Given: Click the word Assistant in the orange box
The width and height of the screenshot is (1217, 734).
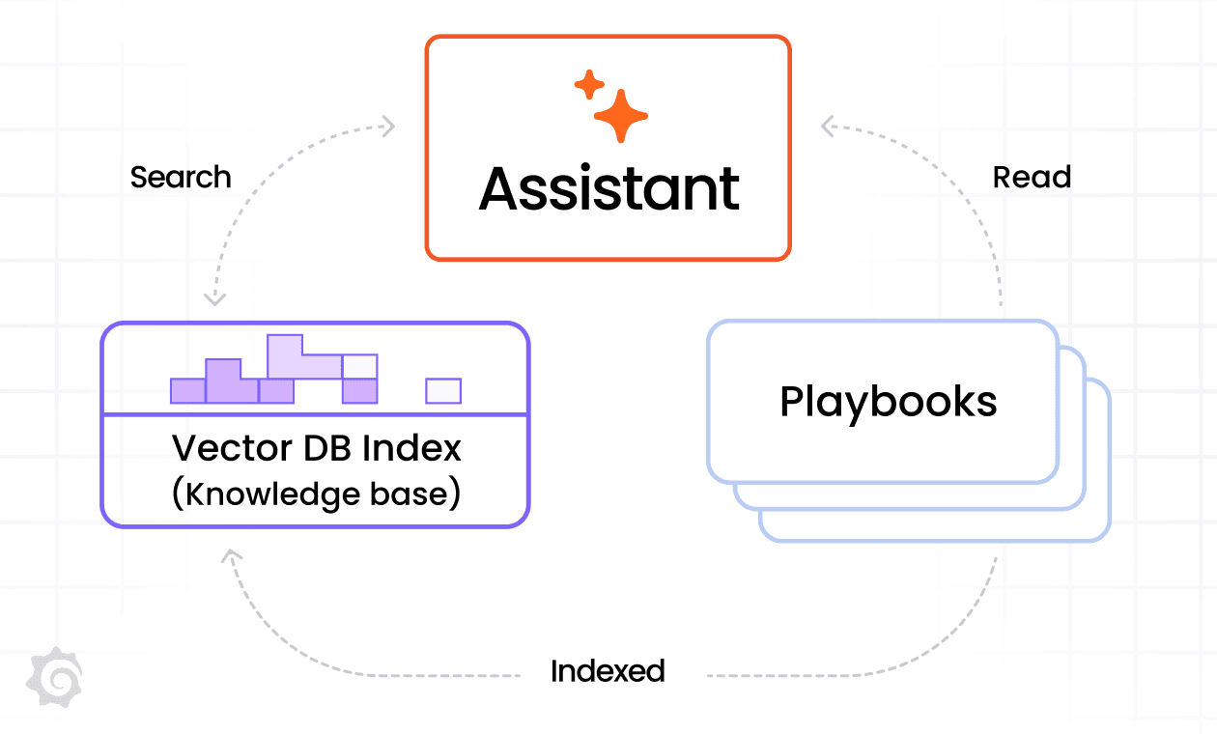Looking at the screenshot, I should click(608, 188).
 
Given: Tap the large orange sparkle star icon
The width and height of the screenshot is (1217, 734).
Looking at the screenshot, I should click(620, 116).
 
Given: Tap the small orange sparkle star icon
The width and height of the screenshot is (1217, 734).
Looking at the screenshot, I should click(588, 85).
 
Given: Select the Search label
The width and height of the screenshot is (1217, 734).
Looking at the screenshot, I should click(181, 178).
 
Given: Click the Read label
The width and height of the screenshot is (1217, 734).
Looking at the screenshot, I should click(1032, 178).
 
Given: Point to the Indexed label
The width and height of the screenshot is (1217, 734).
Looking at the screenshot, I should click(608, 671).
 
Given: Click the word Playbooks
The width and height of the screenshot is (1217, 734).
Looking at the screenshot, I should click(888, 402).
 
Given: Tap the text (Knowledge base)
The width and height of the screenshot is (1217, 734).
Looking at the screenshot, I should click(316, 494).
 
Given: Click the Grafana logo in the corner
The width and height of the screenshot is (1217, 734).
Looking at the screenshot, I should click(54, 674).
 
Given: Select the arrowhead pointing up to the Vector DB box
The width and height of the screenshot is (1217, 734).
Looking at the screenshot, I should click(230, 556).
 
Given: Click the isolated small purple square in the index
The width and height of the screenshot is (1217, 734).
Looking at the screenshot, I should click(443, 390).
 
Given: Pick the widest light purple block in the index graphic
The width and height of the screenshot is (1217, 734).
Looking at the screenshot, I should click(304, 357).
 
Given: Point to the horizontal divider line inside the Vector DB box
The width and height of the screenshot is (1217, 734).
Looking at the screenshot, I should click(315, 414).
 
